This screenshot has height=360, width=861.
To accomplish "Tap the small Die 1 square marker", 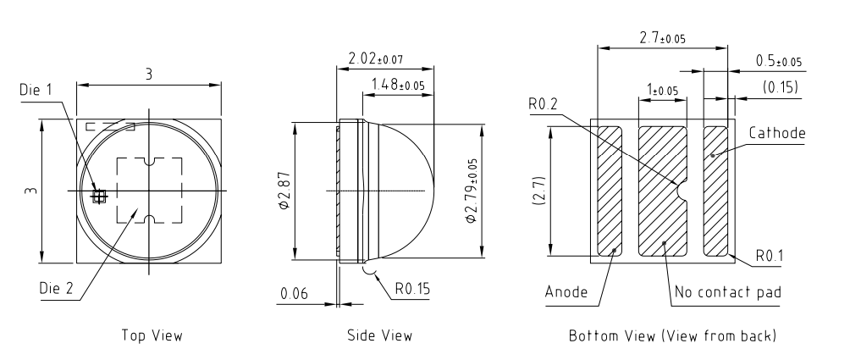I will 100,195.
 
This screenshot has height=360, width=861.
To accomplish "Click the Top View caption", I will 152,335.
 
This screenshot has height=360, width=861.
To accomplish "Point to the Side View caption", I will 380,335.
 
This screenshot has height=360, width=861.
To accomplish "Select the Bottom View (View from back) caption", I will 673,335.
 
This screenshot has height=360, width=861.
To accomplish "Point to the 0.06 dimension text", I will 294,293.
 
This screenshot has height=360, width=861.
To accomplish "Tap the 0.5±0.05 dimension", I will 778,62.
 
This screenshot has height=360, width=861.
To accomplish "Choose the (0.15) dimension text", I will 781,86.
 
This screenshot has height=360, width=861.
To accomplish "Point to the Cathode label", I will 776,134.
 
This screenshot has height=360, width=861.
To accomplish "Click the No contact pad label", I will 727,293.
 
